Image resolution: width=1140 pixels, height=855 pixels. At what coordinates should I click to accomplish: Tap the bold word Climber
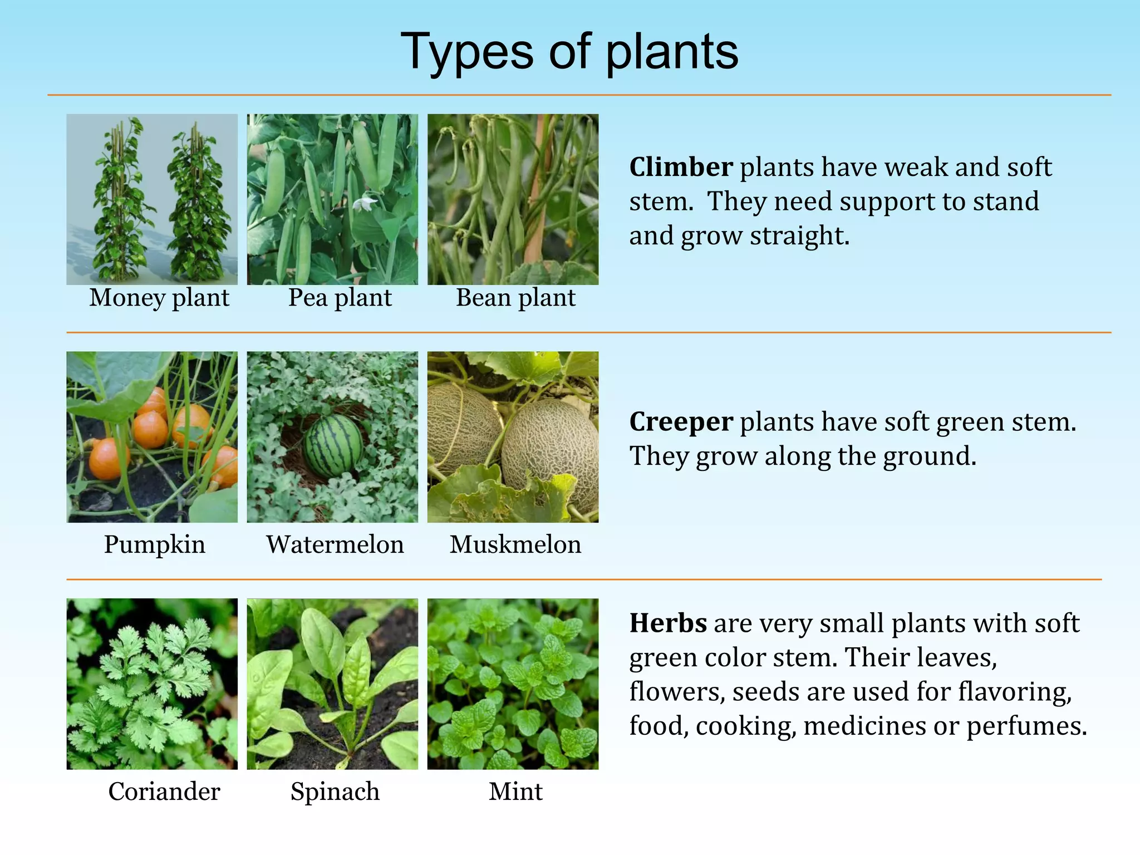(x=681, y=167)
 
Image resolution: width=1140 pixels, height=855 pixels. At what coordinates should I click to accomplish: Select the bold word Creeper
(x=681, y=422)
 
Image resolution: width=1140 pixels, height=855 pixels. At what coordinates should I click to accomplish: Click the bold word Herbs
(x=668, y=623)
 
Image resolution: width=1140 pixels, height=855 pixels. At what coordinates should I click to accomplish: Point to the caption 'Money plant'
(x=159, y=298)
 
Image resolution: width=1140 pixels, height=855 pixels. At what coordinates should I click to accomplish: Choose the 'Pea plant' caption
(x=340, y=298)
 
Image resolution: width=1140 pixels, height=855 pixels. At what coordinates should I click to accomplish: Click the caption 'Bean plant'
(x=515, y=298)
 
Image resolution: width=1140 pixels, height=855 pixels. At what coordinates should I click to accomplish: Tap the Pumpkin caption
(x=155, y=544)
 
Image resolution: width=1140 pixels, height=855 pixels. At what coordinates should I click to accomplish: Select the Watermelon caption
(x=335, y=544)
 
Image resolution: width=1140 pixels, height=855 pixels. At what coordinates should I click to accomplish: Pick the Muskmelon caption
(x=515, y=544)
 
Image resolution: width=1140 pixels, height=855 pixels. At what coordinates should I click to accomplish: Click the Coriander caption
(x=164, y=791)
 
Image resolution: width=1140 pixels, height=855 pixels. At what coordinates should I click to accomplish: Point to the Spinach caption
(x=335, y=791)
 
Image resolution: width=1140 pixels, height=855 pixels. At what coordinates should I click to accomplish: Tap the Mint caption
(x=515, y=791)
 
